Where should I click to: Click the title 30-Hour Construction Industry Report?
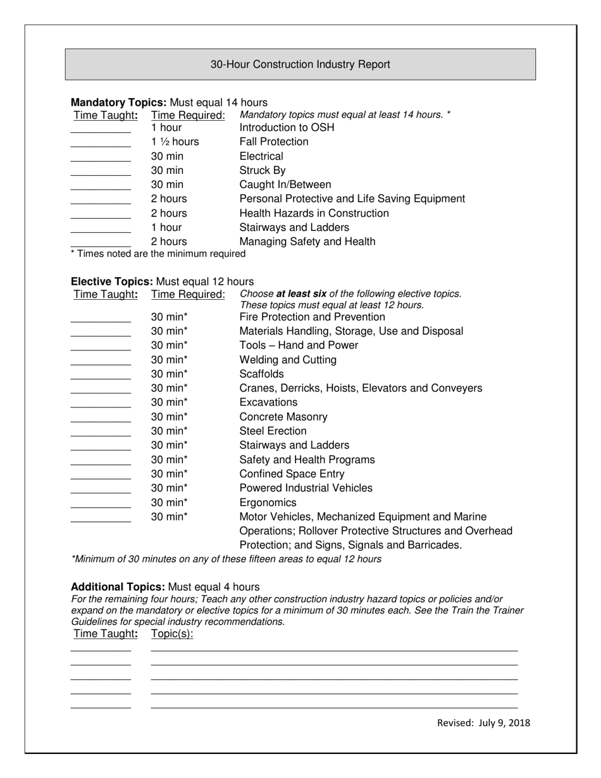pyautogui.click(x=300, y=65)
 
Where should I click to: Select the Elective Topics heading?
pyautogui.click(x=112, y=281)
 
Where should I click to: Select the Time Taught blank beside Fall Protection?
pyautogui.click(x=101, y=145)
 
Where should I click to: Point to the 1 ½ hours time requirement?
pyautogui.click(x=175, y=142)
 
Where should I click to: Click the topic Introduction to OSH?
pyautogui.click(x=287, y=128)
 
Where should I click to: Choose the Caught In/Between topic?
pyautogui.click(x=285, y=185)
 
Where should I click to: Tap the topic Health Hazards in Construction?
pyautogui.click(x=314, y=213)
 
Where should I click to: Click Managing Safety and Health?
pyautogui.click(x=307, y=242)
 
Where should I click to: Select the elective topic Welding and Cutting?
pyautogui.click(x=288, y=360)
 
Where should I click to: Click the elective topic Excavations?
pyautogui.click(x=268, y=402)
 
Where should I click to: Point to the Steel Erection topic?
pyautogui.click(x=273, y=431)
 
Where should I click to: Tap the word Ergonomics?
pyautogui.click(x=268, y=503)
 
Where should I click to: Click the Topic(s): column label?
pyautogui.click(x=172, y=634)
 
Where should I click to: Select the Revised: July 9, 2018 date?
pyautogui.click(x=483, y=723)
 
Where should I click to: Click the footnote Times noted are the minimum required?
pyautogui.click(x=158, y=254)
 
